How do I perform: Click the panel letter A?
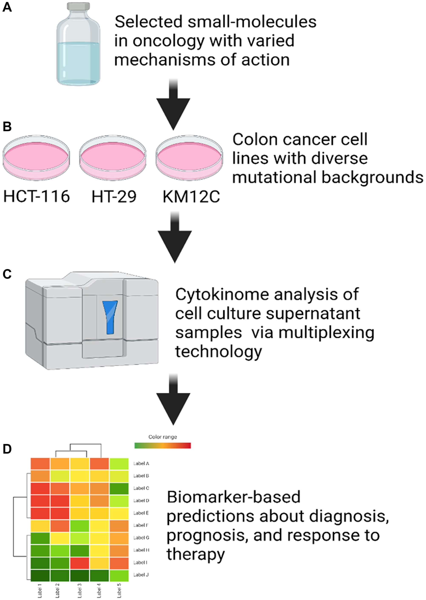pyautogui.click(x=7, y=7)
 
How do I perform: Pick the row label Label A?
pyautogui.click(x=141, y=464)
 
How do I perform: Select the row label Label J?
pyautogui.click(x=141, y=575)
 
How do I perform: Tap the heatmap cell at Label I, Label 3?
pyautogui.click(x=80, y=562)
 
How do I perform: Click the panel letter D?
pyautogui.click(x=7, y=449)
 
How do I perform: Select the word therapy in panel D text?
pyautogui.click(x=195, y=554)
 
